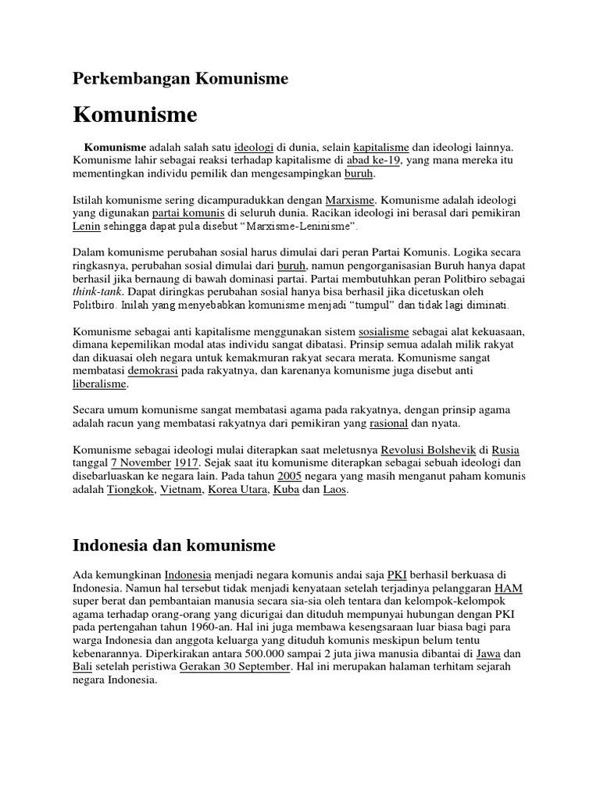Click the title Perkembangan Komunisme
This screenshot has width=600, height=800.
180,78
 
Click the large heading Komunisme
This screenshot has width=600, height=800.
135,115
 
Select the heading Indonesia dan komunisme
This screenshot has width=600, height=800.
174,544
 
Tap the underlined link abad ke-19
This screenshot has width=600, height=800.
374,160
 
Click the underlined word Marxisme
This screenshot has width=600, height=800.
350,199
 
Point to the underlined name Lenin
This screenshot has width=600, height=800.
86,226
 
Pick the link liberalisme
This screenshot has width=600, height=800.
100,384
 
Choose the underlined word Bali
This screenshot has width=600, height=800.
84,666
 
